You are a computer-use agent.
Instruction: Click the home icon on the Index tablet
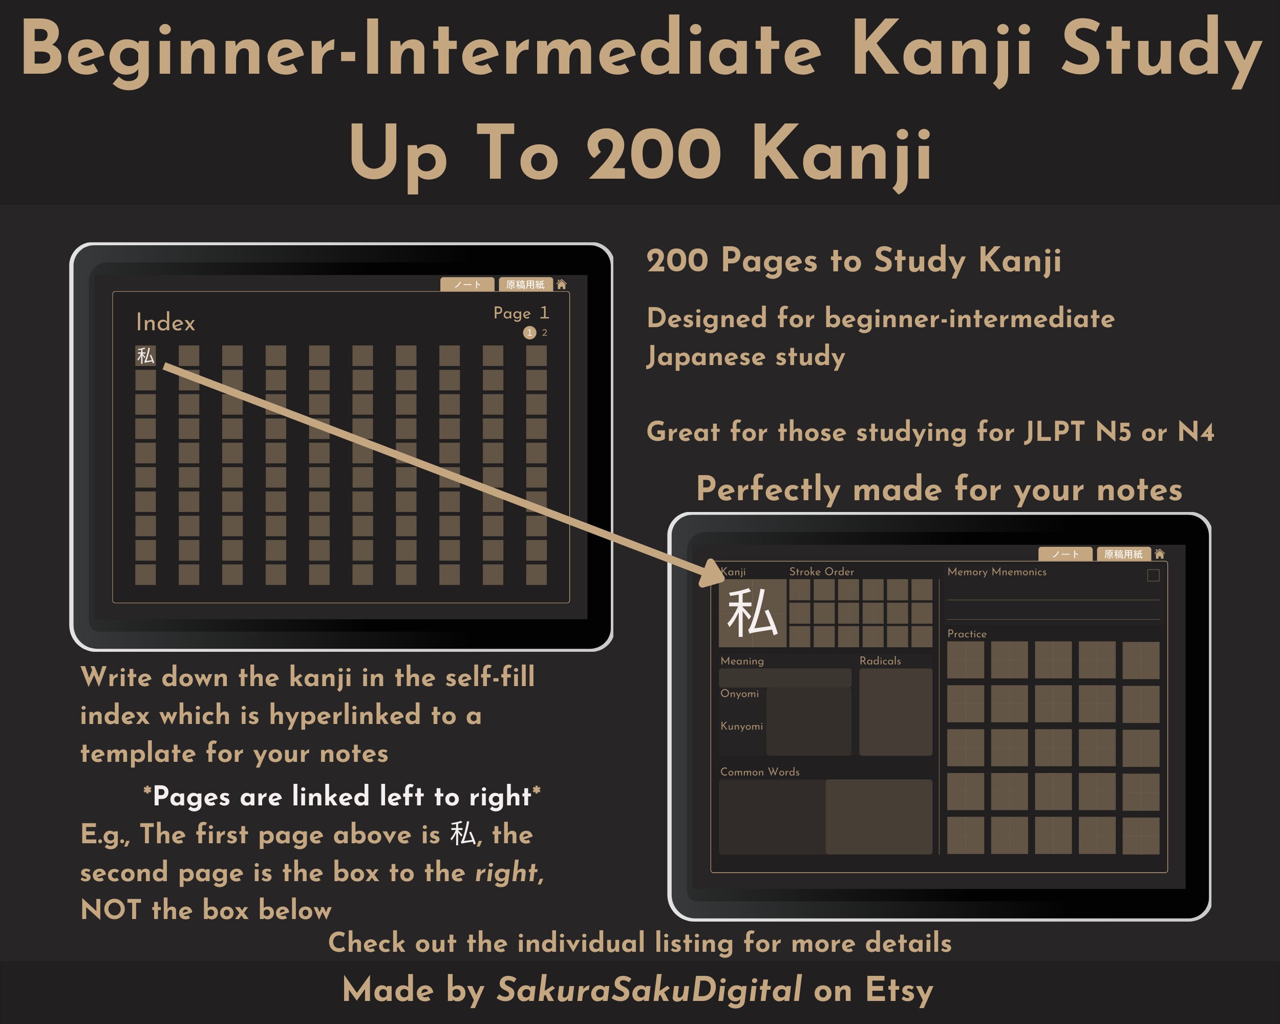561,284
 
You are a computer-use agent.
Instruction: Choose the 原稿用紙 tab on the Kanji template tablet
1123,554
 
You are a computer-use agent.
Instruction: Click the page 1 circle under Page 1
529,333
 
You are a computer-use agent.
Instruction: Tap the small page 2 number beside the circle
544,333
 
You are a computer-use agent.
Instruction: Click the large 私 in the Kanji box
752,613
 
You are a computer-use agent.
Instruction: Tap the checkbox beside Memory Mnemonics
1153,575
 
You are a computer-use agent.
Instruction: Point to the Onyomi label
739,694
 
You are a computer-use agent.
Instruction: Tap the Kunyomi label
741,727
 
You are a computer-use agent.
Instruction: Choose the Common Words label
759,772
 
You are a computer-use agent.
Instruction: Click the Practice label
967,634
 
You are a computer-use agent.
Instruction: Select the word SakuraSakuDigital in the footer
649,990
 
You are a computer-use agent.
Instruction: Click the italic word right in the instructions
506,872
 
